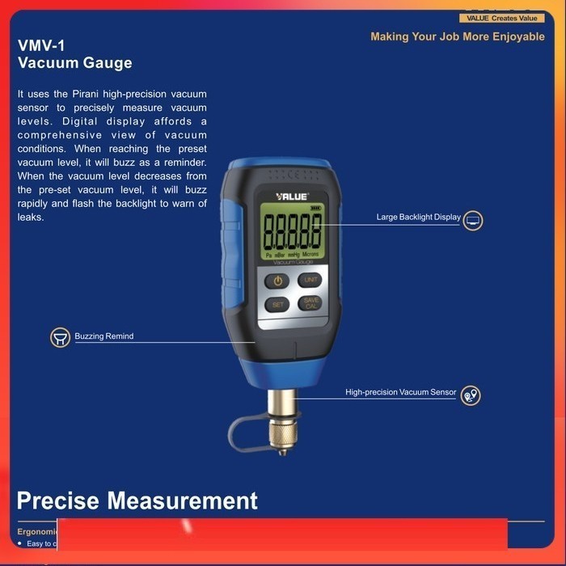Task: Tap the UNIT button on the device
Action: click(310, 280)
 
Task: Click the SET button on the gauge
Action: click(277, 305)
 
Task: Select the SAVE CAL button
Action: click(310, 304)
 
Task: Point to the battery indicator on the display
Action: click(315, 208)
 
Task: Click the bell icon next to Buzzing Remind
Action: click(60, 337)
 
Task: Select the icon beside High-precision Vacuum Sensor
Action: click(470, 395)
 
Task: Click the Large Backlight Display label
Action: click(418, 218)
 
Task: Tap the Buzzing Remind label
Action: click(104, 336)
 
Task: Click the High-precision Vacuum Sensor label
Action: click(401, 392)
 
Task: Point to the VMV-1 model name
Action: click(41, 46)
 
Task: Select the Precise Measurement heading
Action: click(137, 501)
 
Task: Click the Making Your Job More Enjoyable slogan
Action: click(458, 37)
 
